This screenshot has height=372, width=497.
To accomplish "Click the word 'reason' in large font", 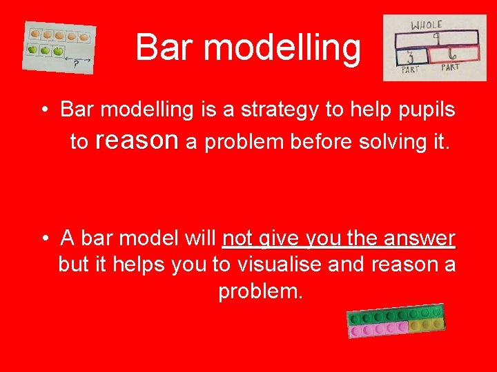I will coord(137,141).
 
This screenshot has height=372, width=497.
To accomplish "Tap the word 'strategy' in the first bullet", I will coord(266,110).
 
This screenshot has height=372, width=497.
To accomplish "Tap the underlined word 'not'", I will coord(238,238).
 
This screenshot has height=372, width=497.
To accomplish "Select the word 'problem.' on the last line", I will coord(260,291).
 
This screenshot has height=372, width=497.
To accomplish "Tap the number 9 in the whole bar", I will coord(436,38).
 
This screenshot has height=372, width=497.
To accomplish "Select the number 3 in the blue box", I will coord(411,56).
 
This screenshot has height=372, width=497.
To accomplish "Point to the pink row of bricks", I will coord(378,330).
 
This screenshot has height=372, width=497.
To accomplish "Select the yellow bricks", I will coord(426,324).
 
